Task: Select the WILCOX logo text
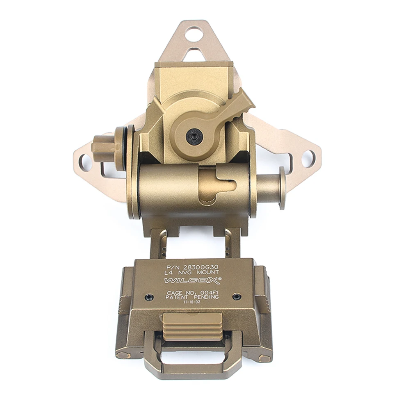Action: [193, 281]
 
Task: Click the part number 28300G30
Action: [201, 267]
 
